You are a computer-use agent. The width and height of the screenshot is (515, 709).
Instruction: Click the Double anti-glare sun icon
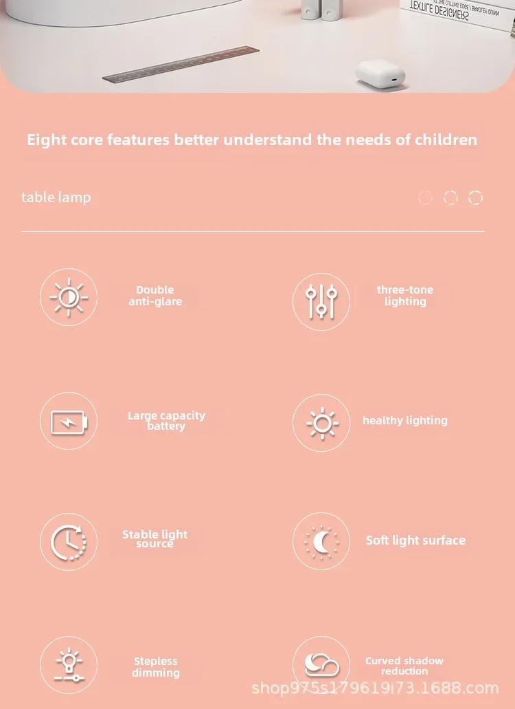click(69, 297)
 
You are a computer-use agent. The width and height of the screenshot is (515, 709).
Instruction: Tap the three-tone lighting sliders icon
click(321, 302)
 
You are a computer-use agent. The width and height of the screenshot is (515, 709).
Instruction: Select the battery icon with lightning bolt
click(69, 422)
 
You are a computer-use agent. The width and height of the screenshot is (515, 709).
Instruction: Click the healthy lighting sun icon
click(322, 423)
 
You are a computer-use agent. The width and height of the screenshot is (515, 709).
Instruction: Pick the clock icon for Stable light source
click(68, 542)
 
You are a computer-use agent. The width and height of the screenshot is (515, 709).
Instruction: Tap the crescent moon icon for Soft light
click(321, 542)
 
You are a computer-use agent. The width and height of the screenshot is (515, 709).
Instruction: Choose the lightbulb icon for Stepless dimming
click(69, 664)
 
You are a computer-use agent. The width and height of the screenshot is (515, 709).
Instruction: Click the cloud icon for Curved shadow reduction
click(322, 665)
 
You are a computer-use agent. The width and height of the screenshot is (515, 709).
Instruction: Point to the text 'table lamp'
click(56, 197)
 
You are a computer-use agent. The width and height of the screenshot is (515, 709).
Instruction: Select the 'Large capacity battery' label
click(166, 421)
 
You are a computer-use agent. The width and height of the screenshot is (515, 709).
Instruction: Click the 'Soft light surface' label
click(415, 541)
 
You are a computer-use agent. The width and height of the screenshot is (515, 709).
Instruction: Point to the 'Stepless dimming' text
click(156, 667)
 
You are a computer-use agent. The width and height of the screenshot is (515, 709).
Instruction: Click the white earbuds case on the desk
click(380, 72)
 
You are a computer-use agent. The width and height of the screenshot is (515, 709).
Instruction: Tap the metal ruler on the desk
click(181, 64)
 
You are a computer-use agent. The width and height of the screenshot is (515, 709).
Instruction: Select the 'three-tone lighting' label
click(405, 296)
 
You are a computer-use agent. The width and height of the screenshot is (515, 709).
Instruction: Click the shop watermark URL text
click(375, 688)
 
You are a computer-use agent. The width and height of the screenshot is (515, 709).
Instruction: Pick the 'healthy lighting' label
click(405, 420)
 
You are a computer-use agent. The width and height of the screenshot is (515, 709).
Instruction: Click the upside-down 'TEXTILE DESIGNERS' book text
click(439, 11)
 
